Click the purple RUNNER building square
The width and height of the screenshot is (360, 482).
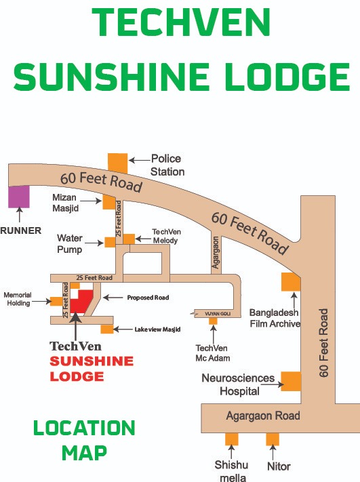click(19, 197)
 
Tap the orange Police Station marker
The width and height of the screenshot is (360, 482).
click(118, 163)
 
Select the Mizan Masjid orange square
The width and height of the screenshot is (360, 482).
click(109, 202)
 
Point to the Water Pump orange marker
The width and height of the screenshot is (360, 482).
click(110, 242)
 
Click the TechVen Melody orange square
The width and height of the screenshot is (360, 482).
click(129, 239)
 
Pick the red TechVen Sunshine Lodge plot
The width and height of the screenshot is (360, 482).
click(82, 301)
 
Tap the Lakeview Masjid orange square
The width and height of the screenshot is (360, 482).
click(107, 329)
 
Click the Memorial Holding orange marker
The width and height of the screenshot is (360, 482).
click(56, 301)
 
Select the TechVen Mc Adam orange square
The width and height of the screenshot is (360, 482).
click(213, 321)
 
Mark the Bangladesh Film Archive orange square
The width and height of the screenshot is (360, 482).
click(291, 282)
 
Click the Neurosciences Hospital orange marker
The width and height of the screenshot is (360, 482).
click(291, 381)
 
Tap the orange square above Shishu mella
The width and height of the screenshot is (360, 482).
click(231, 439)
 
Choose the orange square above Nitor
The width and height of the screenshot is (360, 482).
click(273, 439)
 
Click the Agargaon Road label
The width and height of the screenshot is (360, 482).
click(263, 416)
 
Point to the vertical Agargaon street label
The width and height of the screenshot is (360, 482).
click(216, 252)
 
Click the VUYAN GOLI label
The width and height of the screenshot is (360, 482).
click(218, 314)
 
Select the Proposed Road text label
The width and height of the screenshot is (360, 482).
click(148, 298)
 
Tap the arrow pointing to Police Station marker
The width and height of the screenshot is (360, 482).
click(140, 160)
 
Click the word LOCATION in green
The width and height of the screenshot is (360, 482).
click(84, 428)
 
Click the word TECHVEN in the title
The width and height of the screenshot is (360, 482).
click(181, 22)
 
